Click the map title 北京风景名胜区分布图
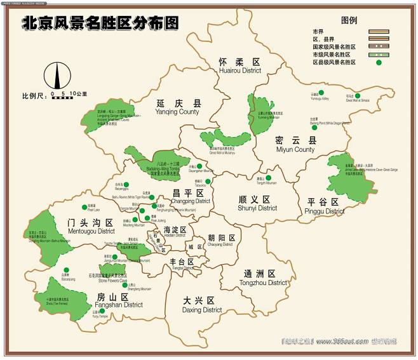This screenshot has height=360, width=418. pyautogui.click(x=100, y=23)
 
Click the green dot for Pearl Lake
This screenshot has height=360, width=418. pyautogui.click(x=83, y=206)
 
